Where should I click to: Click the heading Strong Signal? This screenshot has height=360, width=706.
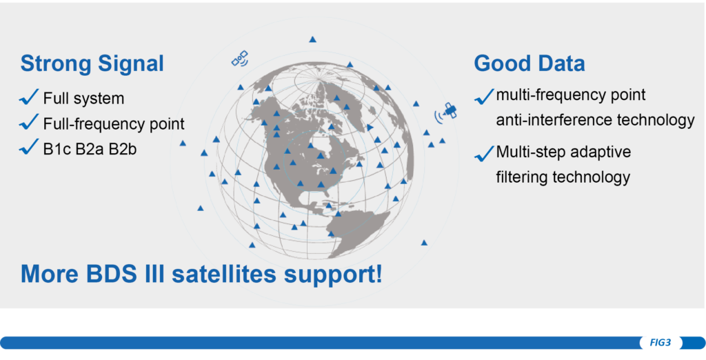[92, 63]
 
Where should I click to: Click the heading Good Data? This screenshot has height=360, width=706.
[529, 63]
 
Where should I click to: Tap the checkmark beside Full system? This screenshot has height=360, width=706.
[29, 98]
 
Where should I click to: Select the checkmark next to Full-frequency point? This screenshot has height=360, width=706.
[29, 122]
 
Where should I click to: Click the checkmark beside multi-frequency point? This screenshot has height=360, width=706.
[485, 97]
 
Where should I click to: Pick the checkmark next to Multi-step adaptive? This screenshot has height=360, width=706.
[485, 154]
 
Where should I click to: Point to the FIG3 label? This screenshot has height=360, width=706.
[660, 343]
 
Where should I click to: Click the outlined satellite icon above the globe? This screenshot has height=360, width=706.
[240, 59]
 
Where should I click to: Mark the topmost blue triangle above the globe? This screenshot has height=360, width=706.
[312, 39]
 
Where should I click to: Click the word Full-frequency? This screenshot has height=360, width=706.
[90, 124]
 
